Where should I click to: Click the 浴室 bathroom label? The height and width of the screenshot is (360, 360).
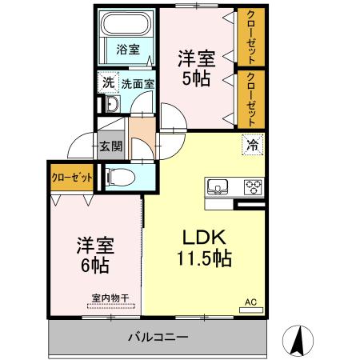[x=127, y=49]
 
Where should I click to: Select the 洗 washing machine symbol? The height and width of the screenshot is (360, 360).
[x=107, y=82]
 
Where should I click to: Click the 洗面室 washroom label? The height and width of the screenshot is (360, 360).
[x=138, y=82]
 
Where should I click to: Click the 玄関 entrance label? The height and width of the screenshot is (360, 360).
[x=110, y=146]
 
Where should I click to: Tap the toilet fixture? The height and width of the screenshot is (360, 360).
[x=121, y=178]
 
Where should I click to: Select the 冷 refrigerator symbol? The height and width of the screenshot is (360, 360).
[x=251, y=146]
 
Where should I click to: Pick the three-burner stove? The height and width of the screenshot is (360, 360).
[x=253, y=188]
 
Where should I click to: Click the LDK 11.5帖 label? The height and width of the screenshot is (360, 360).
[x=204, y=248]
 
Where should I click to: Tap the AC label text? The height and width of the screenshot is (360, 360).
[x=250, y=302]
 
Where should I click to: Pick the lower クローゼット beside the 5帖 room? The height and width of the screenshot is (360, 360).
[x=251, y=99]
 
